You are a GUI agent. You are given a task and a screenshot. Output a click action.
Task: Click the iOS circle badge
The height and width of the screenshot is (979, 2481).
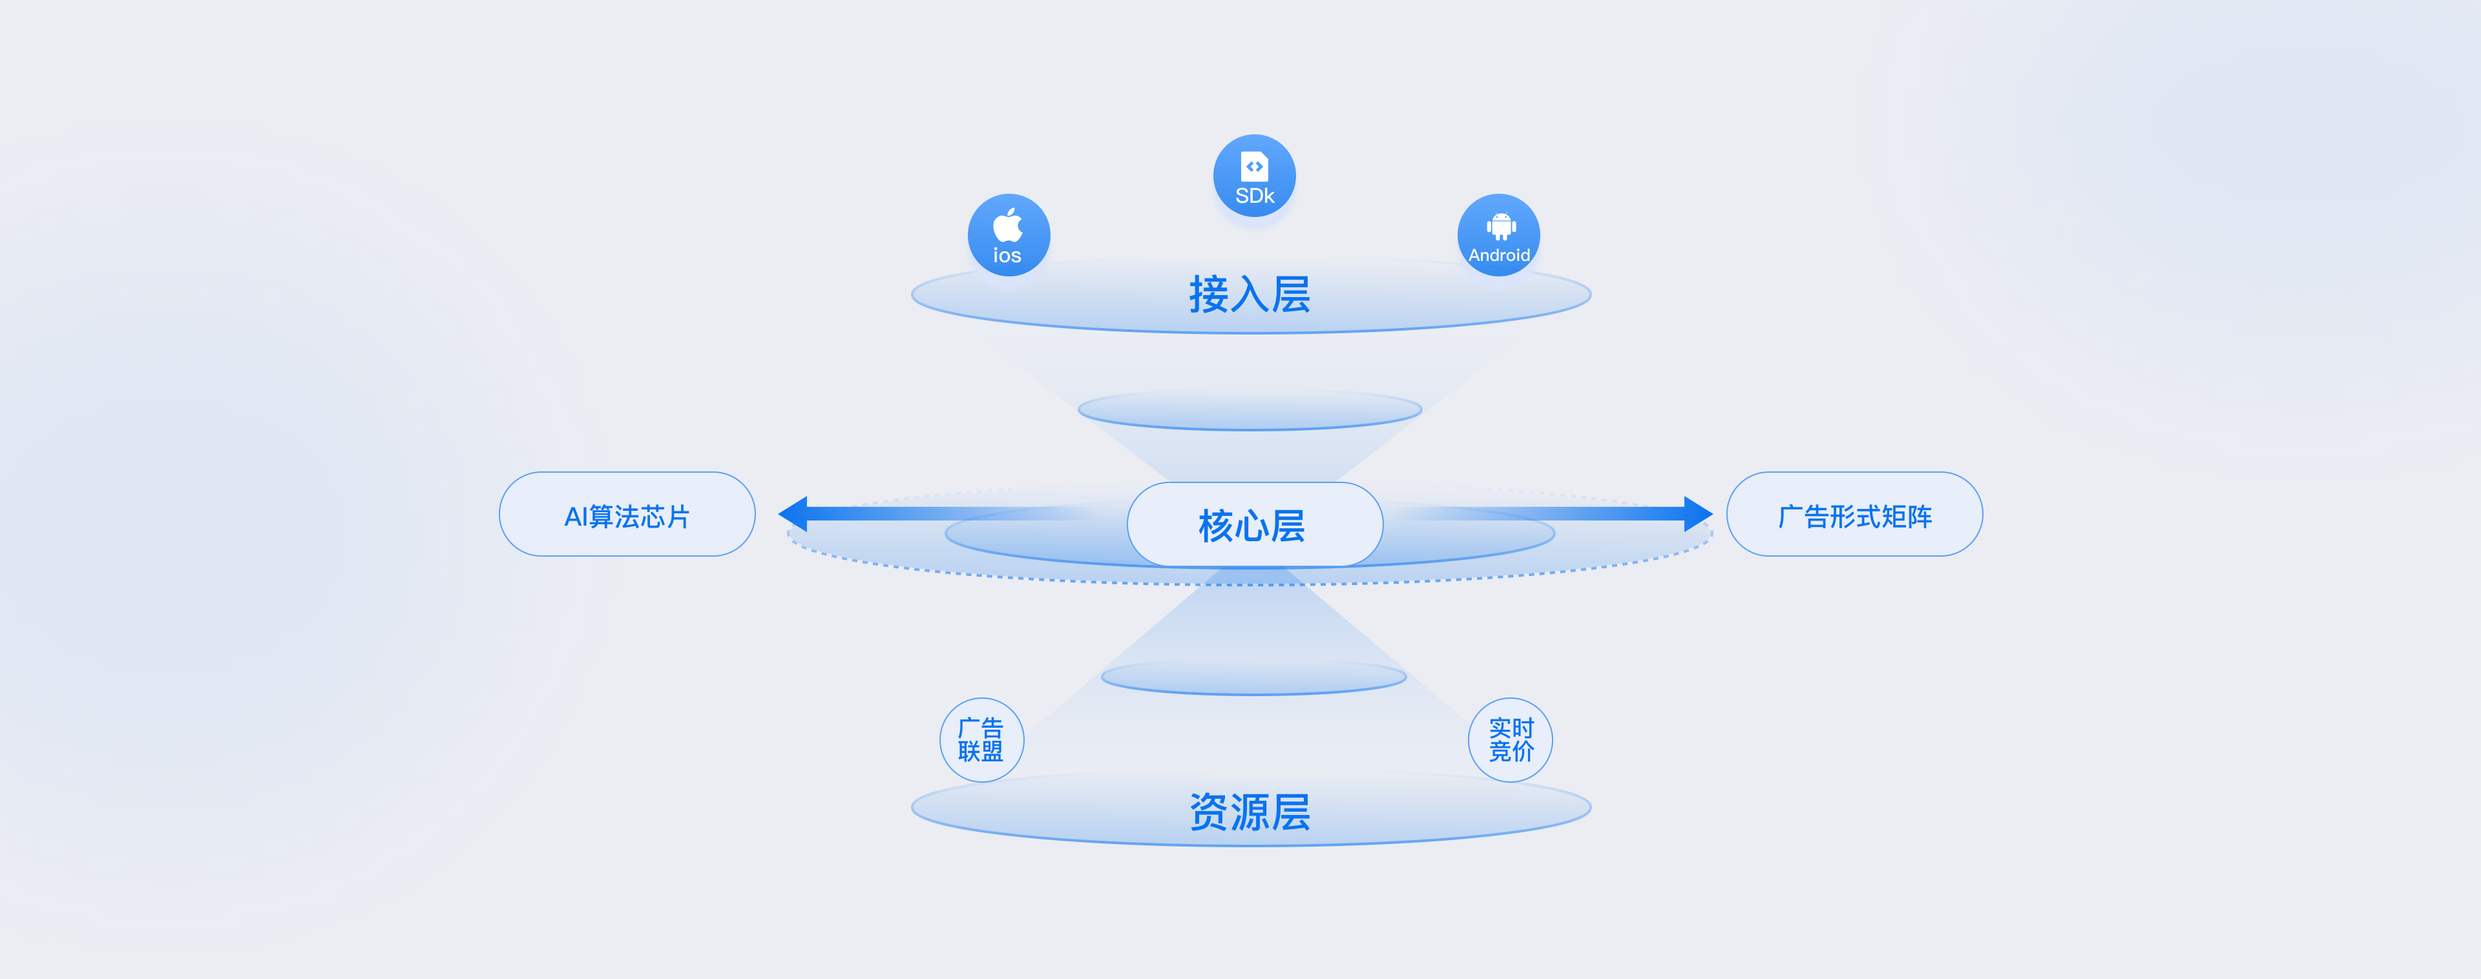pos(1009,236)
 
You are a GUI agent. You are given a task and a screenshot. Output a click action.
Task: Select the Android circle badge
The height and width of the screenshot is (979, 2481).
pos(1499,236)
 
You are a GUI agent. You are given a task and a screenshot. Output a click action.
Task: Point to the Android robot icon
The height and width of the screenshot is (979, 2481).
pos(1500,226)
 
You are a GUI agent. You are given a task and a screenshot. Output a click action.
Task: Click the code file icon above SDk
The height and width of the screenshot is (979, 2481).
pos(1254,165)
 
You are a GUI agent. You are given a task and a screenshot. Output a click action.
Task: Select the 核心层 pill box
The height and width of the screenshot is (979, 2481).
pos(1254,524)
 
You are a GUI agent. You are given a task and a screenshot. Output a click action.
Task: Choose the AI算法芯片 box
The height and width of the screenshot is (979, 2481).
pos(627,514)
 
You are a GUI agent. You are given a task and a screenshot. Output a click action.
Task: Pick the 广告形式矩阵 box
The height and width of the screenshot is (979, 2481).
pos(1854,514)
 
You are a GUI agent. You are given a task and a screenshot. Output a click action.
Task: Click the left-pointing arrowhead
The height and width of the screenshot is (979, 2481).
pos(793,513)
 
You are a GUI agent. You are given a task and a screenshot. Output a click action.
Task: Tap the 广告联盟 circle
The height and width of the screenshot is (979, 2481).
pos(981,740)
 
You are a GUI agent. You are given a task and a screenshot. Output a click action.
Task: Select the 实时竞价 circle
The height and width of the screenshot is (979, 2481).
pos(1510,740)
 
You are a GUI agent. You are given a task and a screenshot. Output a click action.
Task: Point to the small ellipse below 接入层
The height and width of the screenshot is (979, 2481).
pos(1249,411)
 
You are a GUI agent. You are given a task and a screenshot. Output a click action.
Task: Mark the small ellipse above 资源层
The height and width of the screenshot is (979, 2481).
pos(1253,677)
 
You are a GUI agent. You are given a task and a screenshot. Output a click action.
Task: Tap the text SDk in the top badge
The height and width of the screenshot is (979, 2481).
pos(1254,196)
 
